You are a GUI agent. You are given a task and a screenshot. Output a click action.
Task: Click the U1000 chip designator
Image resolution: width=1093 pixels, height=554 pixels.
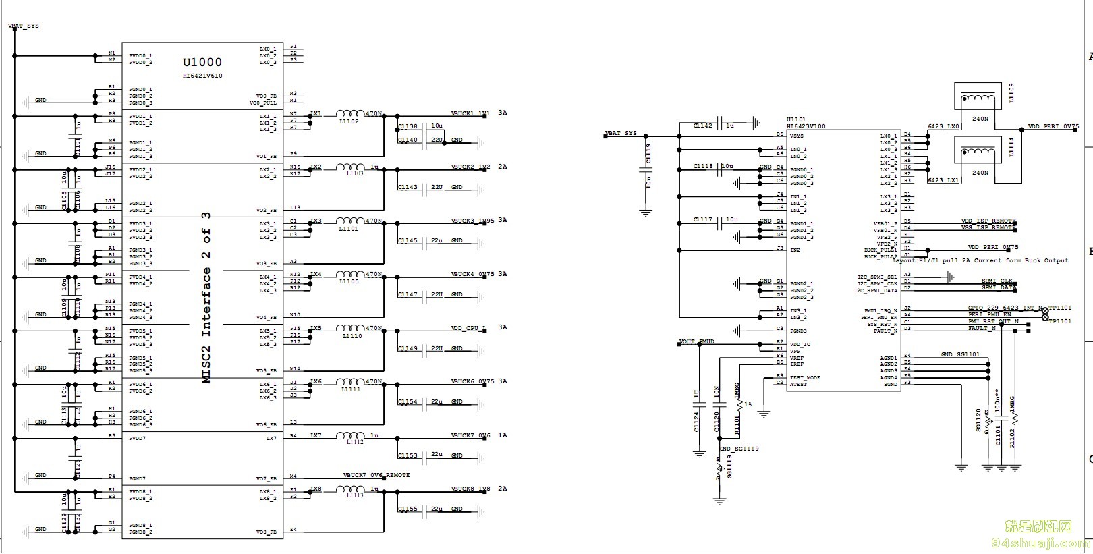(x=202, y=63)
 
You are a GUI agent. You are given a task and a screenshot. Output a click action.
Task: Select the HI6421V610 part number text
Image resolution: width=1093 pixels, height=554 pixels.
(x=202, y=76)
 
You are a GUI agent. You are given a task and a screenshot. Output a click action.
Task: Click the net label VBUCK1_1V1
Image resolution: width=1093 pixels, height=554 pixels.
(x=470, y=113)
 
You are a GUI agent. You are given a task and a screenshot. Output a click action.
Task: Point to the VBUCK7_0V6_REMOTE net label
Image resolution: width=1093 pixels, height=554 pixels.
(x=376, y=475)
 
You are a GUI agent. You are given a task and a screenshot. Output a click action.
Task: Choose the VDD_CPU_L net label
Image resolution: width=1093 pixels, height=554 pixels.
(x=468, y=328)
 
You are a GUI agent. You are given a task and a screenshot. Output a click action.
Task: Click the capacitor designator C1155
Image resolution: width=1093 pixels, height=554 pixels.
(x=408, y=509)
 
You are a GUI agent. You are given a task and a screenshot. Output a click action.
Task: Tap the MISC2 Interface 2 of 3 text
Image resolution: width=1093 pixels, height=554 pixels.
(x=206, y=298)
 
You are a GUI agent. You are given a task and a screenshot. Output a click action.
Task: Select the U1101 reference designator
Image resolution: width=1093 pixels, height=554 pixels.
(x=796, y=119)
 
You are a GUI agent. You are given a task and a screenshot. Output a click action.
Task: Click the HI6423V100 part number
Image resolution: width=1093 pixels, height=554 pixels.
(x=806, y=126)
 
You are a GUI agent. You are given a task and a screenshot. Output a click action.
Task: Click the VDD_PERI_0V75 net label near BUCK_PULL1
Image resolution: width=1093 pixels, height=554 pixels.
(x=992, y=248)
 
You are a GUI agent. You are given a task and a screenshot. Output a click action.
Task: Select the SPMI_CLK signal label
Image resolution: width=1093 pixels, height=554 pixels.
(x=997, y=281)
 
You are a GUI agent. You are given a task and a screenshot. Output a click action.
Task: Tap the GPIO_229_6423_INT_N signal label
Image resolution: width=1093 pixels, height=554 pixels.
(x=1005, y=308)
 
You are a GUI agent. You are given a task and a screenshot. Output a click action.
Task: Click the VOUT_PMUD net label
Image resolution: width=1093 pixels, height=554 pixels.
(x=697, y=342)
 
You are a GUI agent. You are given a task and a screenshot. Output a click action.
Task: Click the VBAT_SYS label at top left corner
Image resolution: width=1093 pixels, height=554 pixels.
(x=24, y=26)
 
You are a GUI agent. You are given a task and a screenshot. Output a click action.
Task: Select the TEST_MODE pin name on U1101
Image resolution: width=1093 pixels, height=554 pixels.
(x=805, y=377)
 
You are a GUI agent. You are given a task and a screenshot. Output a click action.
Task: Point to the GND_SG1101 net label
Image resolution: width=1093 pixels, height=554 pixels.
(x=960, y=354)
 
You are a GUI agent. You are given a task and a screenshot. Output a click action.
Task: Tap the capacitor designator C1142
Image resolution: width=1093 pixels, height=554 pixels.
(x=702, y=126)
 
